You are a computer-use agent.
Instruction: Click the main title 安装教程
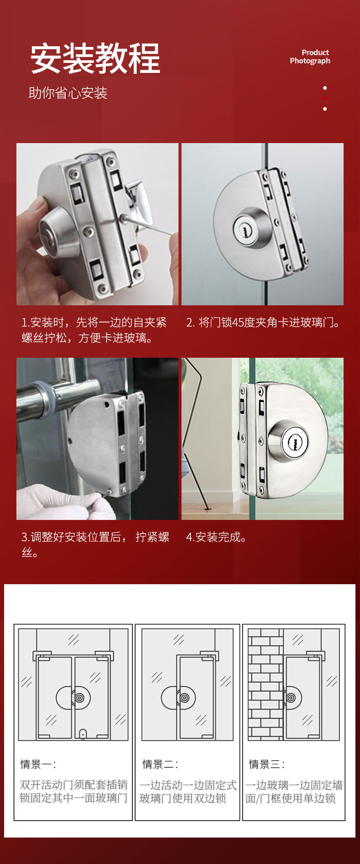pyautogui.click(x=95, y=58)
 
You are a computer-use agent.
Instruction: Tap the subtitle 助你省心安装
pyautogui.click(x=68, y=93)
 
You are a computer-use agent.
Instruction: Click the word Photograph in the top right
pyautogui.click(x=310, y=61)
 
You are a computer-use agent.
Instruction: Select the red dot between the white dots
pyautogui.click(x=325, y=98)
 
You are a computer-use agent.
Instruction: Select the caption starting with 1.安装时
pyautogui.click(x=94, y=330)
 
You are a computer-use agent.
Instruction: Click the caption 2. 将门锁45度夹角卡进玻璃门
pyautogui.click(x=263, y=323)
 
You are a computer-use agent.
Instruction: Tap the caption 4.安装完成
pyautogui.click(x=216, y=537)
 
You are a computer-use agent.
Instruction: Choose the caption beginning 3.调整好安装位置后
pyautogui.click(x=95, y=544)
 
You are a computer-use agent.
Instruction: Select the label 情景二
pyautogui.click(x=160, y=764)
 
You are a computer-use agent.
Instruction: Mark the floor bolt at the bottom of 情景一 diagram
pyautogui.click(x=83, y=733)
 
